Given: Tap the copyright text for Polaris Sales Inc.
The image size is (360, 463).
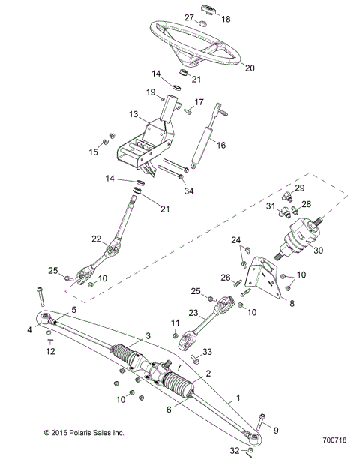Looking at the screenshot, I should [84, 433].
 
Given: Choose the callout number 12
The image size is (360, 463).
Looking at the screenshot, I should [50, 352].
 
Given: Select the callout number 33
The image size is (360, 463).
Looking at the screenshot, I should [208, 351].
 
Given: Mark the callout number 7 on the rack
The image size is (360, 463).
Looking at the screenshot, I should [178, 367].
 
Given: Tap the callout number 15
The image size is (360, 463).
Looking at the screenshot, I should [94, 152].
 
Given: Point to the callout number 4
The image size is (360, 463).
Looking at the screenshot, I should [31, 329].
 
